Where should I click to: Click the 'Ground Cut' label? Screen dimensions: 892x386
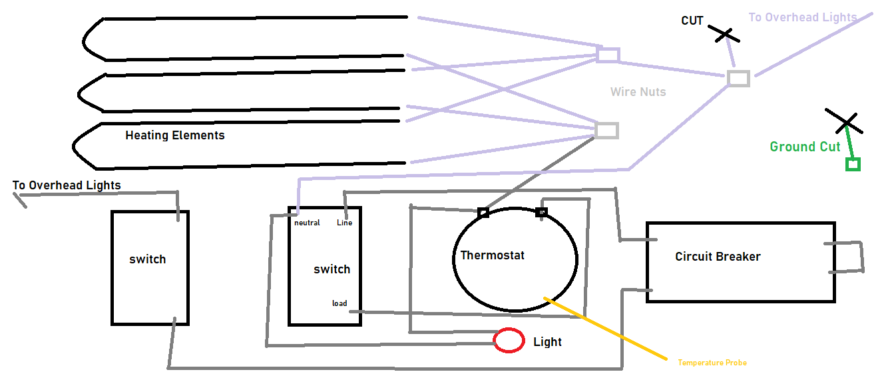tap(805, 147)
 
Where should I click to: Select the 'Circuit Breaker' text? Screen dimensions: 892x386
tap(718, 257)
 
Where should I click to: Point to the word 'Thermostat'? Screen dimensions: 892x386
tap(492, 255)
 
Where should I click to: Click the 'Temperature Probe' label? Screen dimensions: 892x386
tap(712, 363)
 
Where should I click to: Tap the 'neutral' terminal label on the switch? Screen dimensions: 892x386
tap(307, 223)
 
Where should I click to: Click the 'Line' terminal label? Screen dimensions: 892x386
tap(344, 223)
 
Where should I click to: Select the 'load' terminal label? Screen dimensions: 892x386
tap(339, 303)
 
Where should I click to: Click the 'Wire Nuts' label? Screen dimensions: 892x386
tap(638, 92)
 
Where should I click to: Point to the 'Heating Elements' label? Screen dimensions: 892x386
tap(175, 135)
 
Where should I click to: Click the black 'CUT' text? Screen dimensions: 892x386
tap(692, 21)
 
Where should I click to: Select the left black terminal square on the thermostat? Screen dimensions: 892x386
tap(483, 213)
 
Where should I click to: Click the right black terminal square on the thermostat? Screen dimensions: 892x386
tap(541, 212)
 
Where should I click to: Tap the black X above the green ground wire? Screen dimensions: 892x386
tap(844, 121)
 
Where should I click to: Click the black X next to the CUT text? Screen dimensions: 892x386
tap(724, 34)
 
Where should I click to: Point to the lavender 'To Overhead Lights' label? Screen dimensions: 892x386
tap(802, 17)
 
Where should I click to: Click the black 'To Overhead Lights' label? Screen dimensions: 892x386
tap(67, 185)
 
